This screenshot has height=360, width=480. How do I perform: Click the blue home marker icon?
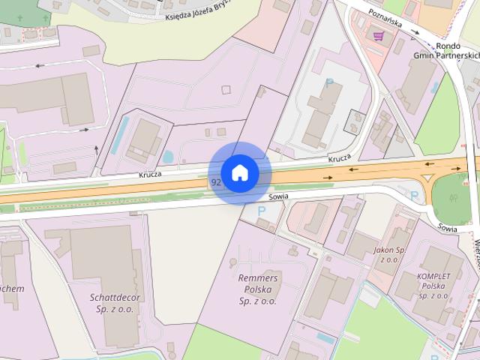(x=239, y=172)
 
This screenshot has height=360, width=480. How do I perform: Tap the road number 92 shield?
(x=216, y=182)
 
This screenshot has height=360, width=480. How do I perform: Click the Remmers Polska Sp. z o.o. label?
(x=257, y=289)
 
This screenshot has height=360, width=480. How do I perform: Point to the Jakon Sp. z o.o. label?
(x=390, y=254)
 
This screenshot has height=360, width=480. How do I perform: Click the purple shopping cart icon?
(x=378, y=35)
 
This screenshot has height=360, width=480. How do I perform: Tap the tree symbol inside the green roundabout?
(x=453, y=199)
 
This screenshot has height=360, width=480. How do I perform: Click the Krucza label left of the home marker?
(x=150, y=174)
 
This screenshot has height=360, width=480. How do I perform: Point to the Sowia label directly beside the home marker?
(x=277, y=196)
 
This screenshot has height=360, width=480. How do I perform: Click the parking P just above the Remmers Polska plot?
(x=262, y=211)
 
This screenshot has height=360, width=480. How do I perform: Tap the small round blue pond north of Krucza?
(x=168, y=157)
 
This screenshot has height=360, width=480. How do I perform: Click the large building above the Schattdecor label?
(x=105, y=259)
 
